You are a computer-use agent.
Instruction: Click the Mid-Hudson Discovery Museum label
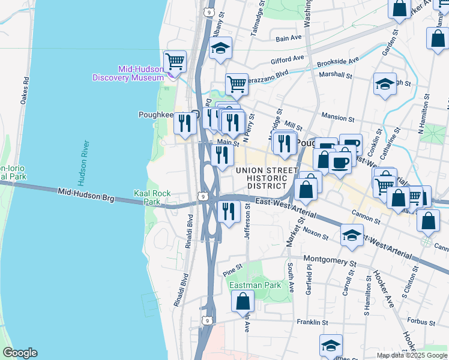(128, 73)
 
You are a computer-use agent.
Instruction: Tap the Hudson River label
(83, 163)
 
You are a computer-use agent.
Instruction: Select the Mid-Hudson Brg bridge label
(86, 194)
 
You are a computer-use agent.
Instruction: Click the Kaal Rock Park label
(152, 197)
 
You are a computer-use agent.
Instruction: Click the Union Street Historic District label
(267, 178)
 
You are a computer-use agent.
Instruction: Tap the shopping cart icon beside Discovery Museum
(175, 61)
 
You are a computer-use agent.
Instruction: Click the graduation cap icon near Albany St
(221, 48)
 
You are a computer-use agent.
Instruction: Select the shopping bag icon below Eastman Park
(243, 301)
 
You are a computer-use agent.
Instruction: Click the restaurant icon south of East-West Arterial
(228, 211)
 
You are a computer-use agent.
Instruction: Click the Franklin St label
(312, 322)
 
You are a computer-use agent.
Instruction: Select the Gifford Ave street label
(288, 59)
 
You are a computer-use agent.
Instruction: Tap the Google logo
(20, 353)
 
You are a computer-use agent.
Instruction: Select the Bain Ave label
(288, 38)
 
